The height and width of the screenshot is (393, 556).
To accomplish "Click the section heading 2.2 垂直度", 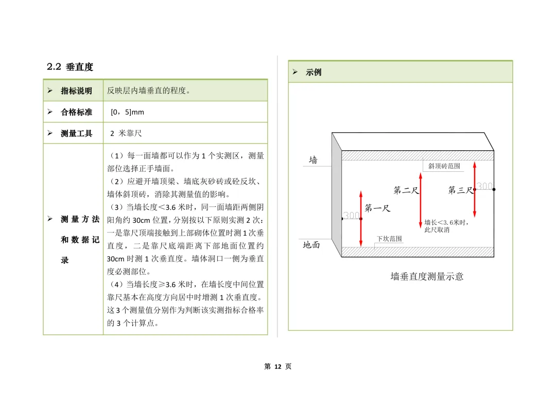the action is point(70,67).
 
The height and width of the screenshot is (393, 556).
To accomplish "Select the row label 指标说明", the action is point(76,91).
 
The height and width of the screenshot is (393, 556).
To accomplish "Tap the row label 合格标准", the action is point(76,112).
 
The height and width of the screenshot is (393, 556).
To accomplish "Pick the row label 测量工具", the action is point(76,133).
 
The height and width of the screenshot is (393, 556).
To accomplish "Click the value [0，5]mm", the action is point(127,112).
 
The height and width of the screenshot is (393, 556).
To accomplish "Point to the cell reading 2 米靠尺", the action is point(126,133).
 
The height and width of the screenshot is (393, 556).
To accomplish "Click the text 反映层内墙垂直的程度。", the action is point(149,91).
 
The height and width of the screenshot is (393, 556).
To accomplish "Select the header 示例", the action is point(314,73).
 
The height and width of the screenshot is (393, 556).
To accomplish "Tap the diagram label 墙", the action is point(314,160).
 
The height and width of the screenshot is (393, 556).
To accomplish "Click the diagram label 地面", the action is point(311,245).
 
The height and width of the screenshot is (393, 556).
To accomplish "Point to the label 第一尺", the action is point(377,208).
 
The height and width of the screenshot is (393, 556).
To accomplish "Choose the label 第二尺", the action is point(406,190).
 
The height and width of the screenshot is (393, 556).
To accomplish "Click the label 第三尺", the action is point(460,190).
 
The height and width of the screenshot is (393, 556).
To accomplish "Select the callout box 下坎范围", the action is point(389,239).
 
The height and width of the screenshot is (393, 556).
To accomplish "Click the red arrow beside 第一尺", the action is point(361,219).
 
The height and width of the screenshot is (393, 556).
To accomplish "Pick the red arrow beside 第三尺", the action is point(475,189).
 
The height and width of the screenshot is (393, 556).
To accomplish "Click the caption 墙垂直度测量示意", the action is point(427,277).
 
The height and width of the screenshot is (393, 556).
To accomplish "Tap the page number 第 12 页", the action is point(277,367).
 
